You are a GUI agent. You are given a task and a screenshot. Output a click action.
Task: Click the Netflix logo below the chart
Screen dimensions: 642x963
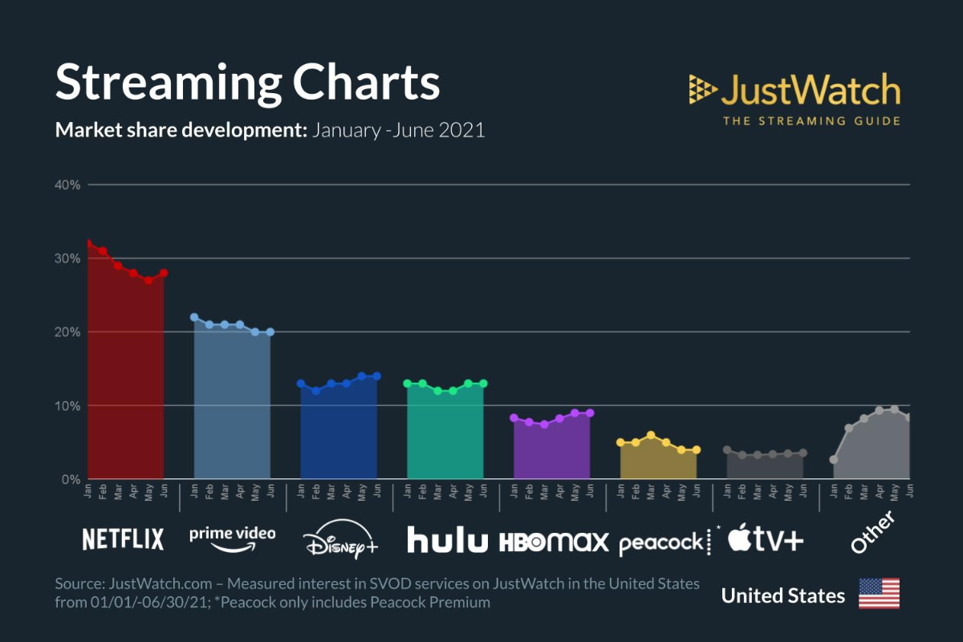tap(123, 539)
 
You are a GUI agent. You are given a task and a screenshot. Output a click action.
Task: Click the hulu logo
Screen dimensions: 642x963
tap(447, 539)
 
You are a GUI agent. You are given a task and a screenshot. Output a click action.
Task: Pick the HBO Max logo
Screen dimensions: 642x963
tap(554, 542)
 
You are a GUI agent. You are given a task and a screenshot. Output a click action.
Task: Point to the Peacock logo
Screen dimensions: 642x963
tap(661, 543)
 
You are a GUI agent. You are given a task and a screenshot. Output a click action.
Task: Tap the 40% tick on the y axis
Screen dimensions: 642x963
tap(68, 185)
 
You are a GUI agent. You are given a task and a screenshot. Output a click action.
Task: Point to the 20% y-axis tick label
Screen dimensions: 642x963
tap(68, 332)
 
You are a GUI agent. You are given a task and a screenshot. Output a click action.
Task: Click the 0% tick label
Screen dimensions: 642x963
tap(71, 480)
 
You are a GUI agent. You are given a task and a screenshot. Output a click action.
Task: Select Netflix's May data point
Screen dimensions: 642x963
tap(148, 280)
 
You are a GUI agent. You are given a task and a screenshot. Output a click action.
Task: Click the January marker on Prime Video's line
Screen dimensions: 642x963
tap(194, 317)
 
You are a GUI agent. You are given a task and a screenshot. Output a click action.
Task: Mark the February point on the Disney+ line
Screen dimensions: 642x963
tap(316, 391)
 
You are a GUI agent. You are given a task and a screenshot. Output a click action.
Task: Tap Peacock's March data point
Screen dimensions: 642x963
tap(651, 435)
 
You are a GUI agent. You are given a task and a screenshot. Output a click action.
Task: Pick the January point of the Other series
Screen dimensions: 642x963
tap(834, 460)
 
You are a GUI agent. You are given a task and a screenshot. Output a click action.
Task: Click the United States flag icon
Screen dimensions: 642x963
tap(879, 594)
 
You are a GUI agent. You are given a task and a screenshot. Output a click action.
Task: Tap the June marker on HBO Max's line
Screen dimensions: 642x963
tap(590, 412)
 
